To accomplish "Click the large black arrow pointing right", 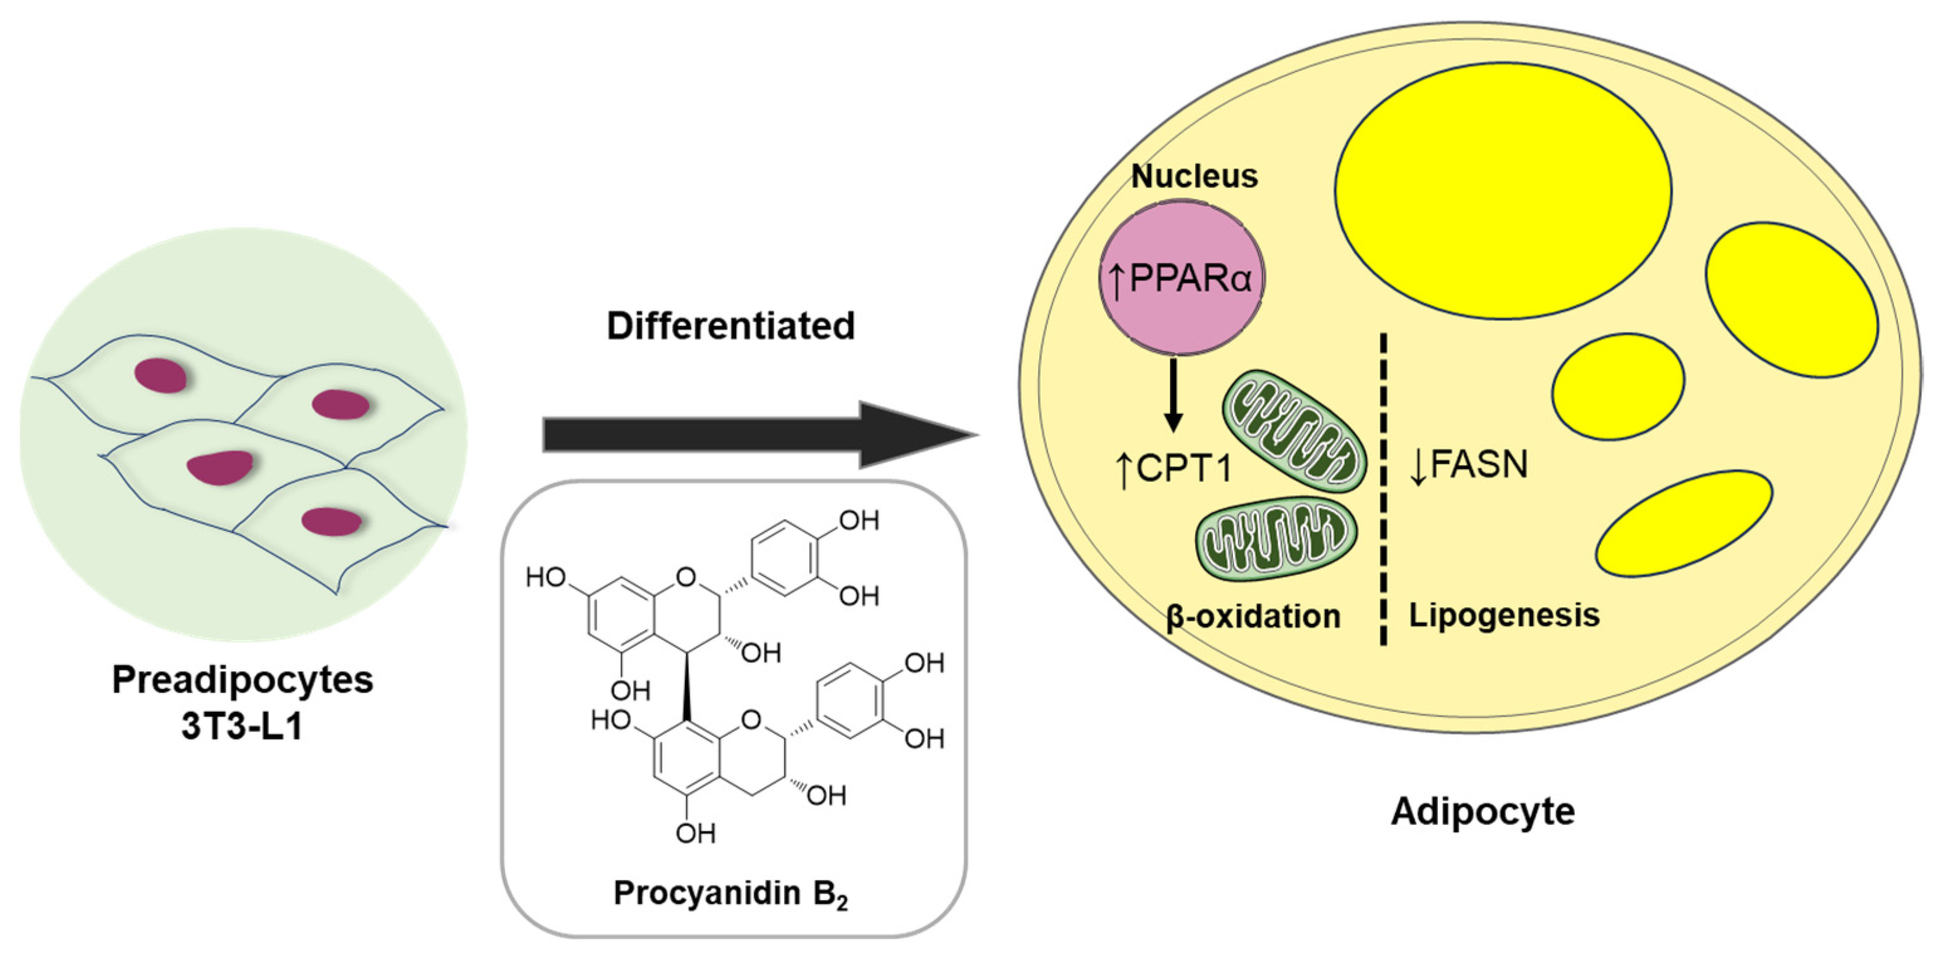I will point(752,435).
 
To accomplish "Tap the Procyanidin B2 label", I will point(730,894).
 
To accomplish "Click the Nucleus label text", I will point(1194,177).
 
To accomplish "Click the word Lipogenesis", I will point(1504,615).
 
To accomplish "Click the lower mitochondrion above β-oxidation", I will point(1277,538).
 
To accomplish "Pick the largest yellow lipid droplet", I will point(1503,190).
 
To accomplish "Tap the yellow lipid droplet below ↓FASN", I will point(1683,523).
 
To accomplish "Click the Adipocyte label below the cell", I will point(1482,812).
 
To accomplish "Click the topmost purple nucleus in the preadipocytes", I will point(160,375).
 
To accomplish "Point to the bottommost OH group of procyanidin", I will point(694,833).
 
